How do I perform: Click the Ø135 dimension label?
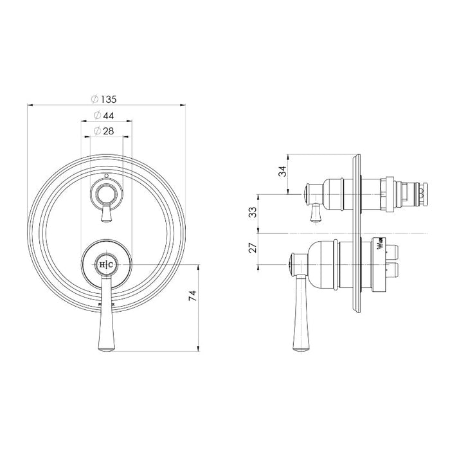point(107,99)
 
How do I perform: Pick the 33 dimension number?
point(253,212)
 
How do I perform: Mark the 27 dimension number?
point(253,246)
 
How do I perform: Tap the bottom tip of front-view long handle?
point(106,351)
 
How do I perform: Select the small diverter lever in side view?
point(315,212)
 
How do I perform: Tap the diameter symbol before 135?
point(95,99)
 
